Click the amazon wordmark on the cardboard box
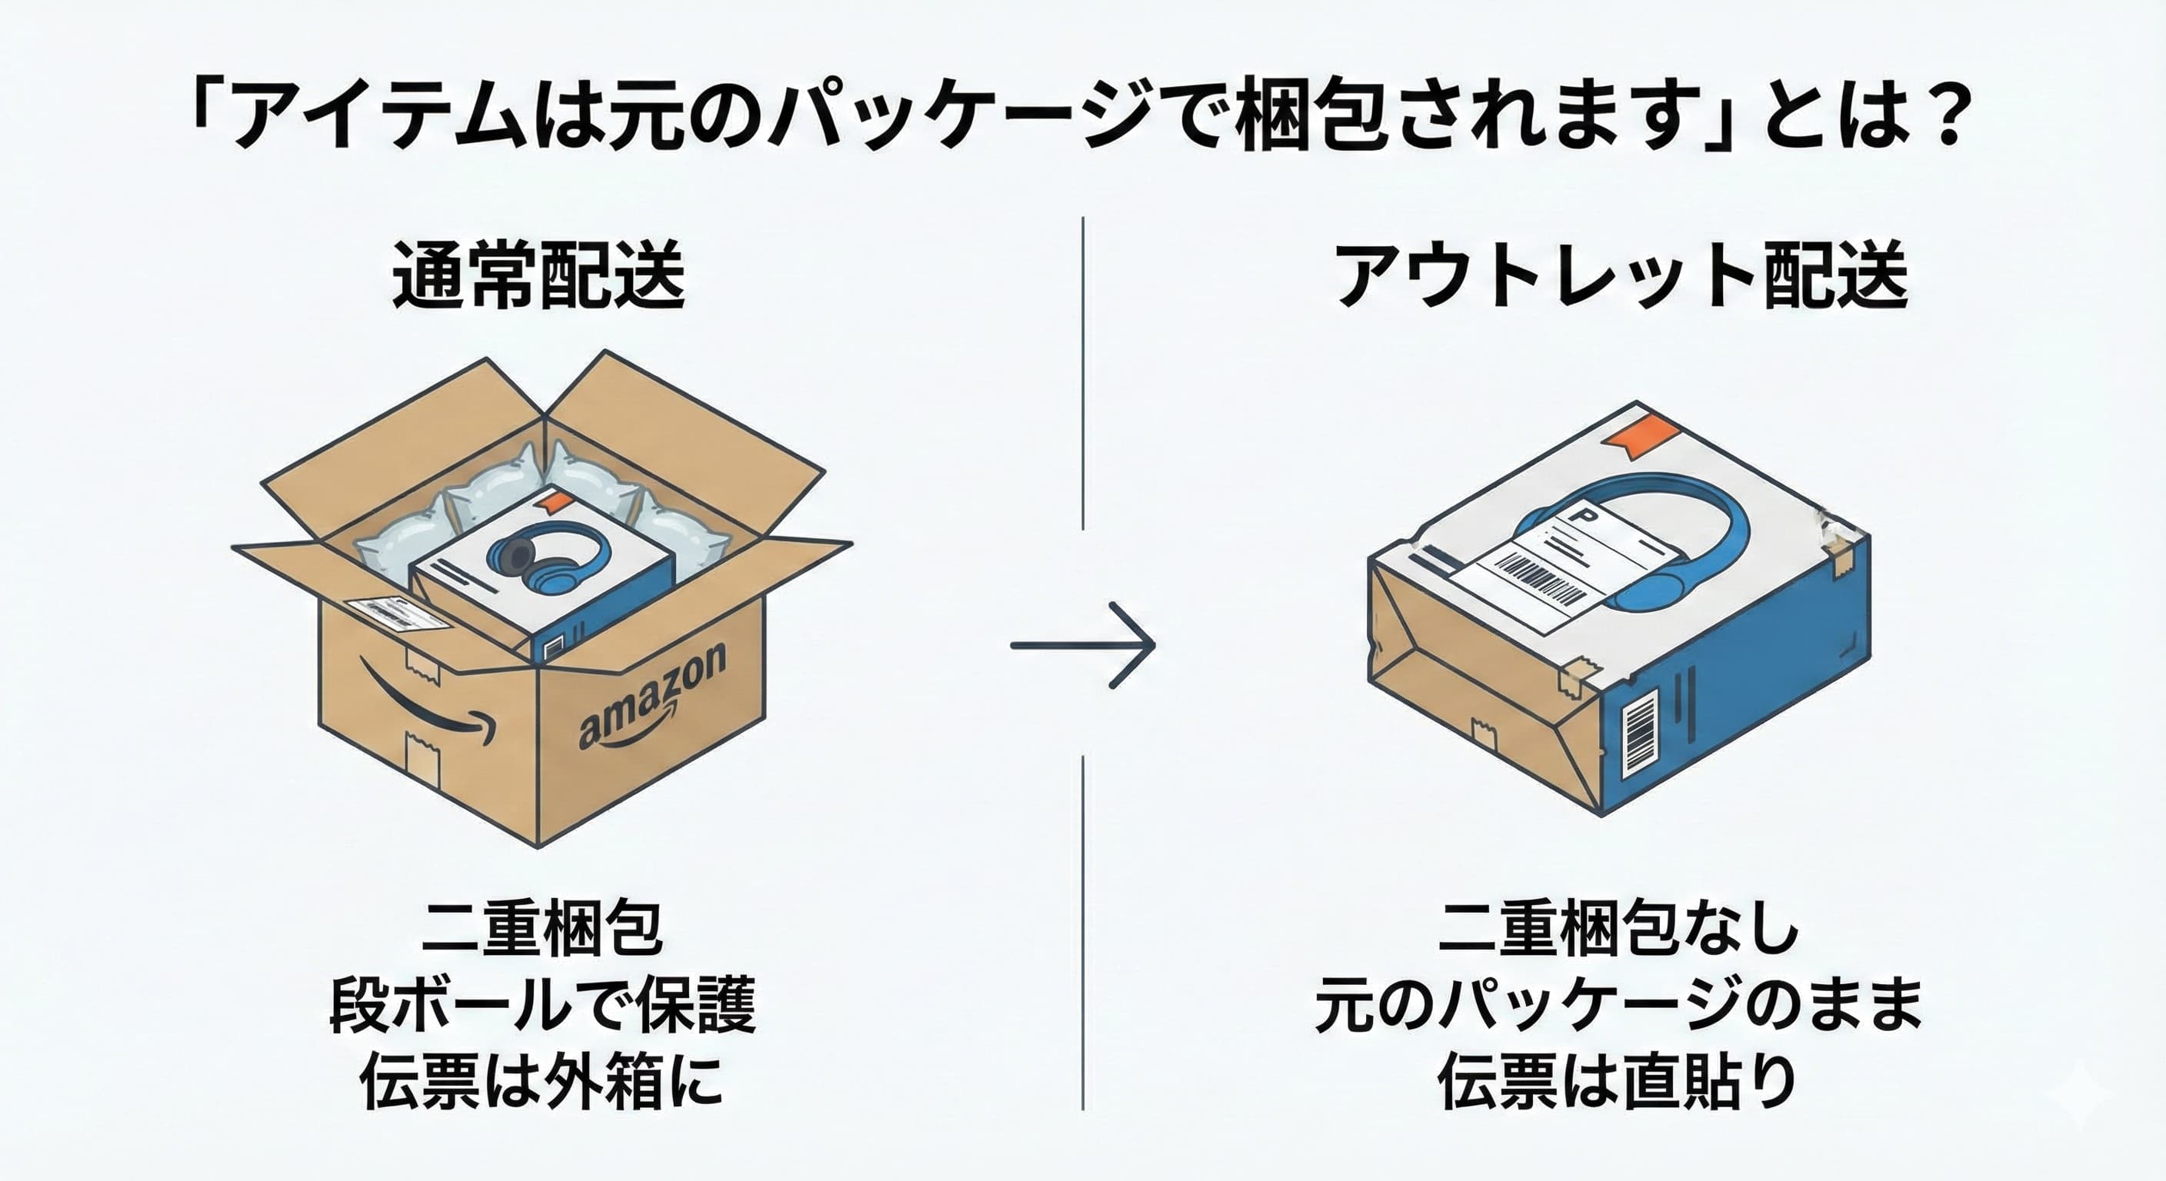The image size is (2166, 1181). pos(652,697)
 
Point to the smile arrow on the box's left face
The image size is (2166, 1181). pos(425,704)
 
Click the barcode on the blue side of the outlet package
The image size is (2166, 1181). pos(1639,730)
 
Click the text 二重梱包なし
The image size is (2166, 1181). pos(1619,930)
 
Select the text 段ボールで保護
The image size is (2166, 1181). pos(543,1004)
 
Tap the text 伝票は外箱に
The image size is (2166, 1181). pos(541,1081)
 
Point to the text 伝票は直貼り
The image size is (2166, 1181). pos(1618,1081)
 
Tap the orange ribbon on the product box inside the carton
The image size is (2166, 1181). pos(553,502)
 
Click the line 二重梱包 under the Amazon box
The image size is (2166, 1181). pos(542,930)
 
